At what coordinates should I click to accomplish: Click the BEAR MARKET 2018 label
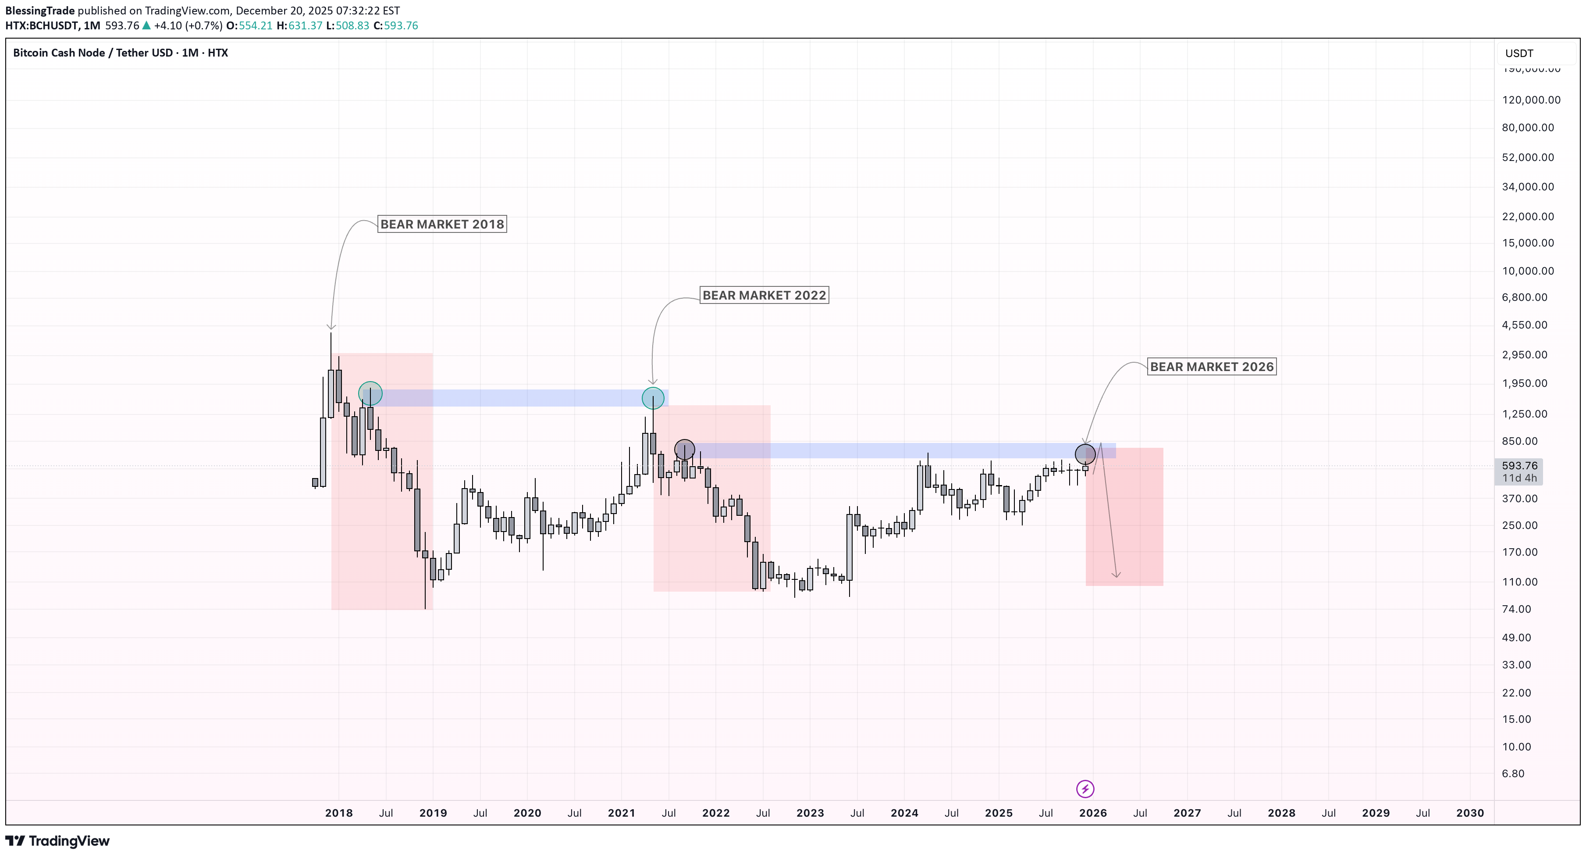442,224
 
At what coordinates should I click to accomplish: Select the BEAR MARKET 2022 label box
764,295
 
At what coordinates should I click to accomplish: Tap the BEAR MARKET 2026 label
1212,367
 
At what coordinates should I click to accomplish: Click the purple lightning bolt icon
1085,789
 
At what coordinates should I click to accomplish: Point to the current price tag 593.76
1519,466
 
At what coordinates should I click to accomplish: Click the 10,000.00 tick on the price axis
1528,271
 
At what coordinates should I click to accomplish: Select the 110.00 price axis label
1519,582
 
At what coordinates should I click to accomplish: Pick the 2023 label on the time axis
810,813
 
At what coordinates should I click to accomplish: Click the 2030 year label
1470,813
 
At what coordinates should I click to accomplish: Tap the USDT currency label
1519,54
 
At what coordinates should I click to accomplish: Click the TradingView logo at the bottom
57,841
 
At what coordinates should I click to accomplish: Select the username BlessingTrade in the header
40,11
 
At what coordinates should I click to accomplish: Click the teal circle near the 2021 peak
653,398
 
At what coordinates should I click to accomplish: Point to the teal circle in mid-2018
370,393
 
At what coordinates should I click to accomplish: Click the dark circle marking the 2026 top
1085,454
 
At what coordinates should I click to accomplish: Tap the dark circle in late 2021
684,450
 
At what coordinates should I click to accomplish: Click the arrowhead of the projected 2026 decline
1116,575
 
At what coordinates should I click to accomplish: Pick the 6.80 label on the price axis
1513,774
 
